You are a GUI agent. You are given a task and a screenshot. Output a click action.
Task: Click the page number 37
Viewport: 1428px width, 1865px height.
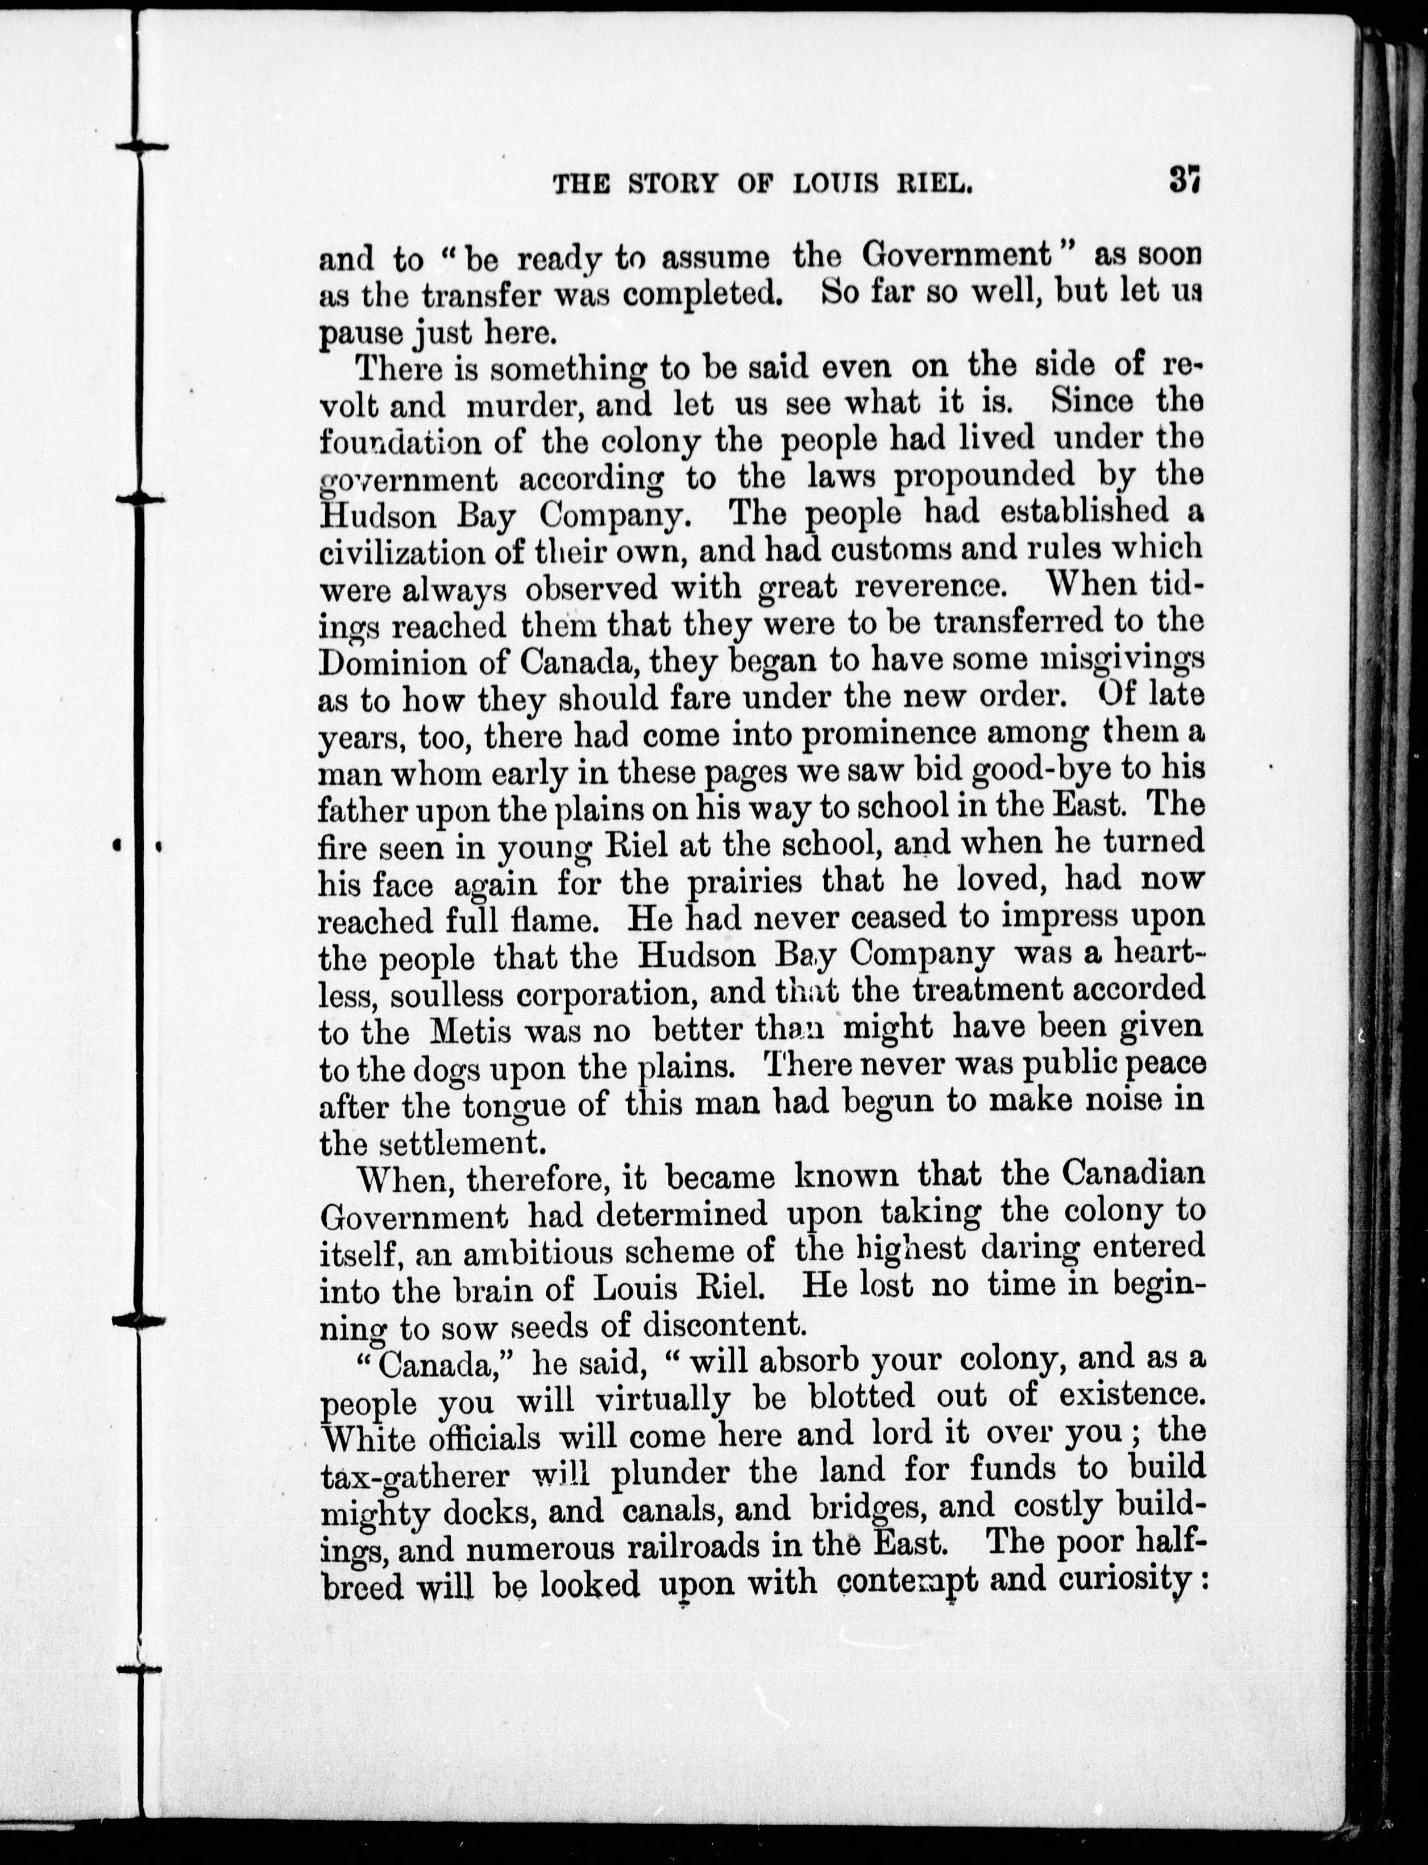(1182, 180)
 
